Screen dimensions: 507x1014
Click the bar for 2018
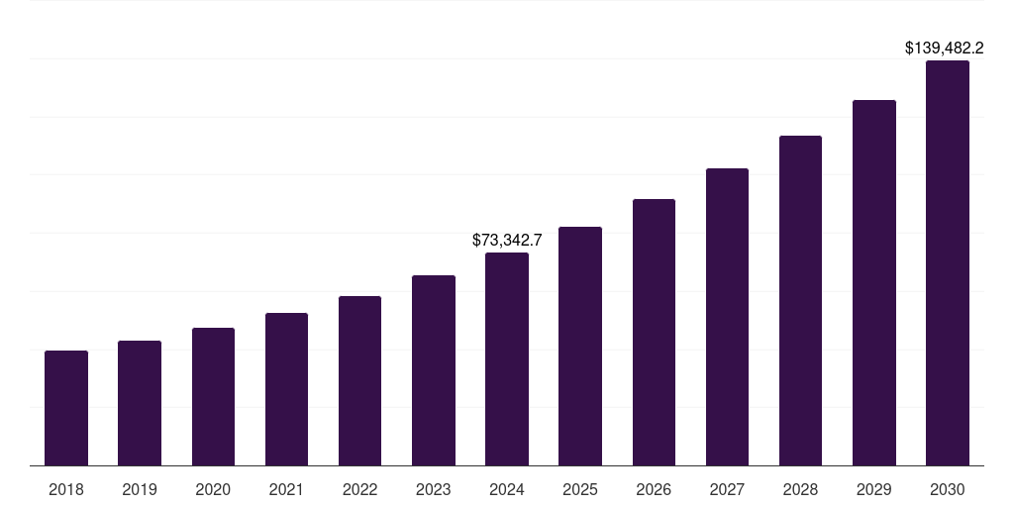[x=66, y=408]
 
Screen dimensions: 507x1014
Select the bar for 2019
[x=140, y=403]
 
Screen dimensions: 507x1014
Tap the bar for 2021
[x=286, y=389]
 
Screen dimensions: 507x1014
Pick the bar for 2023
[x=434, y=370]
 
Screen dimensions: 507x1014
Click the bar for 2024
[x=507, y=359]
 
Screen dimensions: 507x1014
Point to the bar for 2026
[x=654, y=333]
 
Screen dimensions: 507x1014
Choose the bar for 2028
[x=800, y=301]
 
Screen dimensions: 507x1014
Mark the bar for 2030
[x=948, y=263]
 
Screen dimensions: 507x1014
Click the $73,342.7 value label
[x=507, y=240]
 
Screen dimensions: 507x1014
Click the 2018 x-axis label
[x=66, y=489]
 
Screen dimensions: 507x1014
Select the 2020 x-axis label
[x=213, y=489]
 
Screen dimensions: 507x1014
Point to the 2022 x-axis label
[x=359, y=489]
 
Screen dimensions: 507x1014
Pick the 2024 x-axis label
[x=507, y=489]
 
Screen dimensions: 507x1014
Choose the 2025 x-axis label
[x=580, y=489]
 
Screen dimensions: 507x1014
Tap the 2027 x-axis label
[x=727, y=489]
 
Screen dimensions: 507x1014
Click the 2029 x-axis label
[x=873, y=489]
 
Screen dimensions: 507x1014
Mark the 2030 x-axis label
[x=948, y=489]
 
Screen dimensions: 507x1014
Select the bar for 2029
[x=873, y=283]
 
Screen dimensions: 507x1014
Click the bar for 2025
[x=580, y=347]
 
